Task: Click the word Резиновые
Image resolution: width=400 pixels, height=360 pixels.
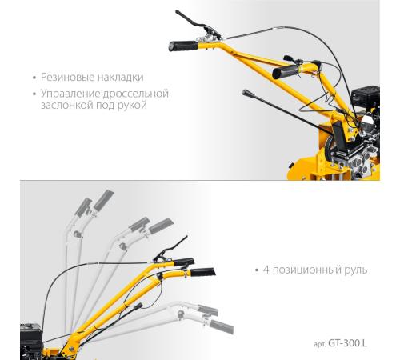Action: point(67,78)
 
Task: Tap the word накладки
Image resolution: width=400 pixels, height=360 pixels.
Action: point(120,78)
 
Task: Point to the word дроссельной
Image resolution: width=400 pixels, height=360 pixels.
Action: point(136,94)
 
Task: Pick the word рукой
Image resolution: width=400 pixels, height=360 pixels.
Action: point(132,106)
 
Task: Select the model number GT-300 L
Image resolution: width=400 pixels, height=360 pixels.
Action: point(347,343)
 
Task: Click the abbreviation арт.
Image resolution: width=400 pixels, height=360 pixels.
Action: point(320,344)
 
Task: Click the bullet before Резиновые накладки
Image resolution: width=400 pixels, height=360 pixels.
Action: point(34,78)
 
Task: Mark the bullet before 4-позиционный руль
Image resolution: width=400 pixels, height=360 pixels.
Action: point(257,270)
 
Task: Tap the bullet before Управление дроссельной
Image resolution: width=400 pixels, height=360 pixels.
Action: point(34,94)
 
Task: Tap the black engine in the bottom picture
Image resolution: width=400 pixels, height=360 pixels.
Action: point(31,341)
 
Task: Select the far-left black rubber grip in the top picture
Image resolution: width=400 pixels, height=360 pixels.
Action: point(183,46)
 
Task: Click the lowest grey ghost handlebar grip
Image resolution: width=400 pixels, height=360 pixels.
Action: point(222,326)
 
